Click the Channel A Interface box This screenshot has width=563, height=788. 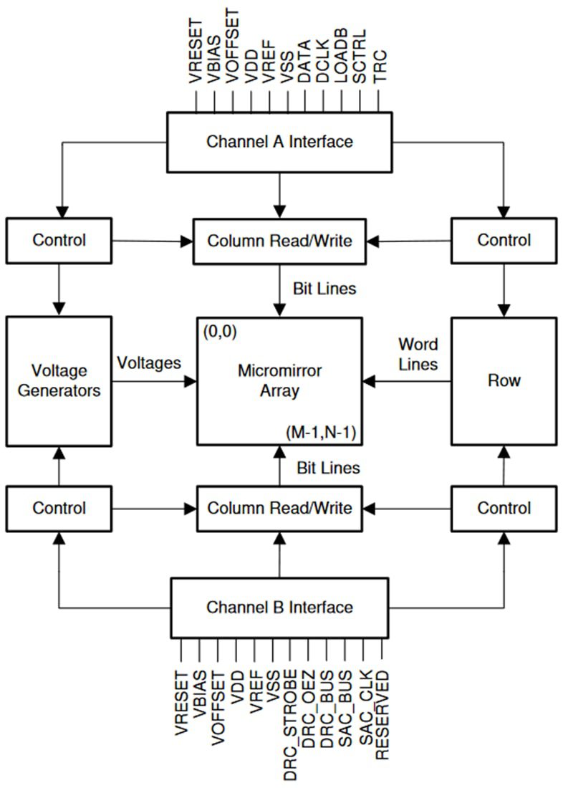[x=279, y=142]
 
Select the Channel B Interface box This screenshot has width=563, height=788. [x=279, y=607]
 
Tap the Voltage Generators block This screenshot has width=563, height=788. [x=59, y=380]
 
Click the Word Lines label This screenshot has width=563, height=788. [x=418, y=354]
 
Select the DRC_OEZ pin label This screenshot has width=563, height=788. [x=309, y=709]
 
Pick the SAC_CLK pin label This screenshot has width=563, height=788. [x=365, y=708]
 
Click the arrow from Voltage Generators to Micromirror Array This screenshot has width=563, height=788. [x=154, y=381]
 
